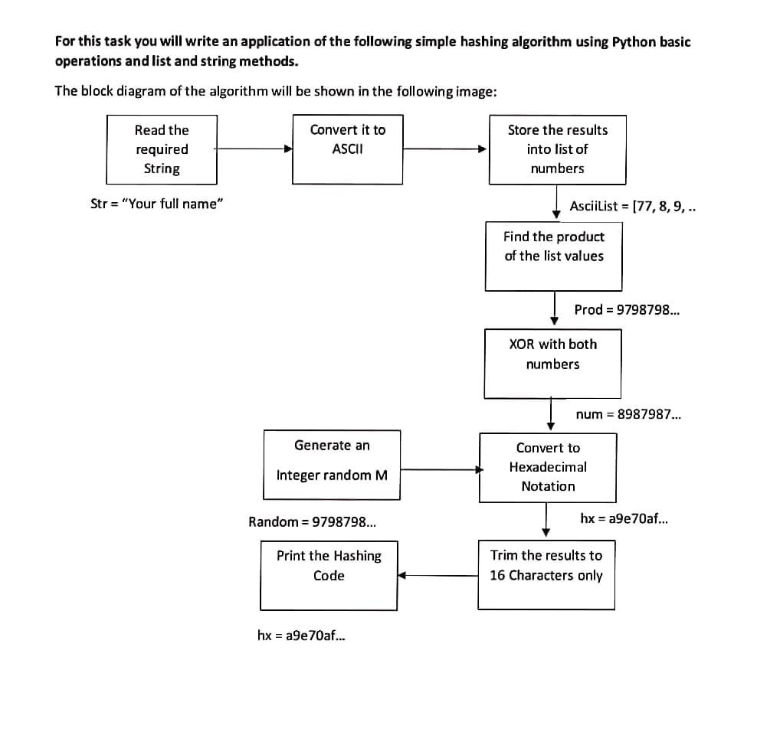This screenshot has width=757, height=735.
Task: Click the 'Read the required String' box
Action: pyautogui.click(x=162, y=149)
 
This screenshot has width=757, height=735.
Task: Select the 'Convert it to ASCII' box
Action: pyautogui.click(x=348, y=149)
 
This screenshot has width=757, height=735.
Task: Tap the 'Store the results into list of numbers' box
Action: pyautogui.click(x=558, y=149)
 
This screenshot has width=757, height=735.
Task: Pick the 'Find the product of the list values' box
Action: pyautogui.click(x=554, y=256)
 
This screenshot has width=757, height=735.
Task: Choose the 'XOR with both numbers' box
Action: pyautogui.click(x=552, y=364)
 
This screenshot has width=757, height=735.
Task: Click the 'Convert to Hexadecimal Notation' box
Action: pyautogui.click(x=548, y=468)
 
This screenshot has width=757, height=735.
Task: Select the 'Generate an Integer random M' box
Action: pyautogui.click(x=333, y=465)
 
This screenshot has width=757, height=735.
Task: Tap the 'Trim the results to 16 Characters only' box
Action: pyautogui.click(x=546, y=575)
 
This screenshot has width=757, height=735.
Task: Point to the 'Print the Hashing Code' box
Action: pyautogui.click(x=329, y=575)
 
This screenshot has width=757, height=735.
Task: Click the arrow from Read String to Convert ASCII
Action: pyautogui.click(x=254, y=149)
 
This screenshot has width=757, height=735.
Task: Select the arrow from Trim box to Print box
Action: pyautogui.click(x=438, y=575)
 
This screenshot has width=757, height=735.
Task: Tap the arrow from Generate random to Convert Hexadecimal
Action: pyautogui.click(x=442, y=469)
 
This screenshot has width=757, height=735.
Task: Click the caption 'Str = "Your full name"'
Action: pyautogui.click(x=157, y=204)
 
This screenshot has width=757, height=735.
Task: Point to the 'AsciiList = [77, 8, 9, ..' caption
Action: pyautogui.click(x=632, y=207)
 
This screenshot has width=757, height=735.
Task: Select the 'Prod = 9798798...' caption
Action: pyautogui.click(x=627, y=309)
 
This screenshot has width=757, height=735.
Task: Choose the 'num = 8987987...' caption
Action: pyautogui.click(x=628, y=414)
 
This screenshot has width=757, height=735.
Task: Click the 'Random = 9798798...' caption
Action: pyautogui.click(x=313, y=522)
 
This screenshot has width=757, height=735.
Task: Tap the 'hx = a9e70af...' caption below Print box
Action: pyautogui.click(x=301, y=635)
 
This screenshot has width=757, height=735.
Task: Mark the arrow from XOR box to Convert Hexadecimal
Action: pyautogui.click(x=551, y=414)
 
